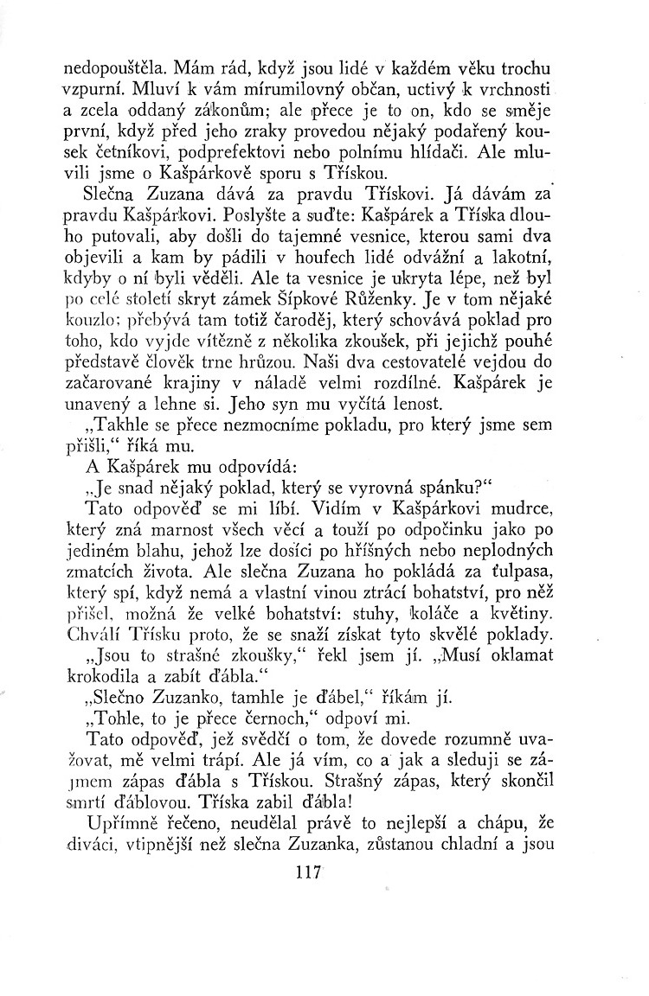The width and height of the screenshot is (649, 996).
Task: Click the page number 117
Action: (x=307, y=872)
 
